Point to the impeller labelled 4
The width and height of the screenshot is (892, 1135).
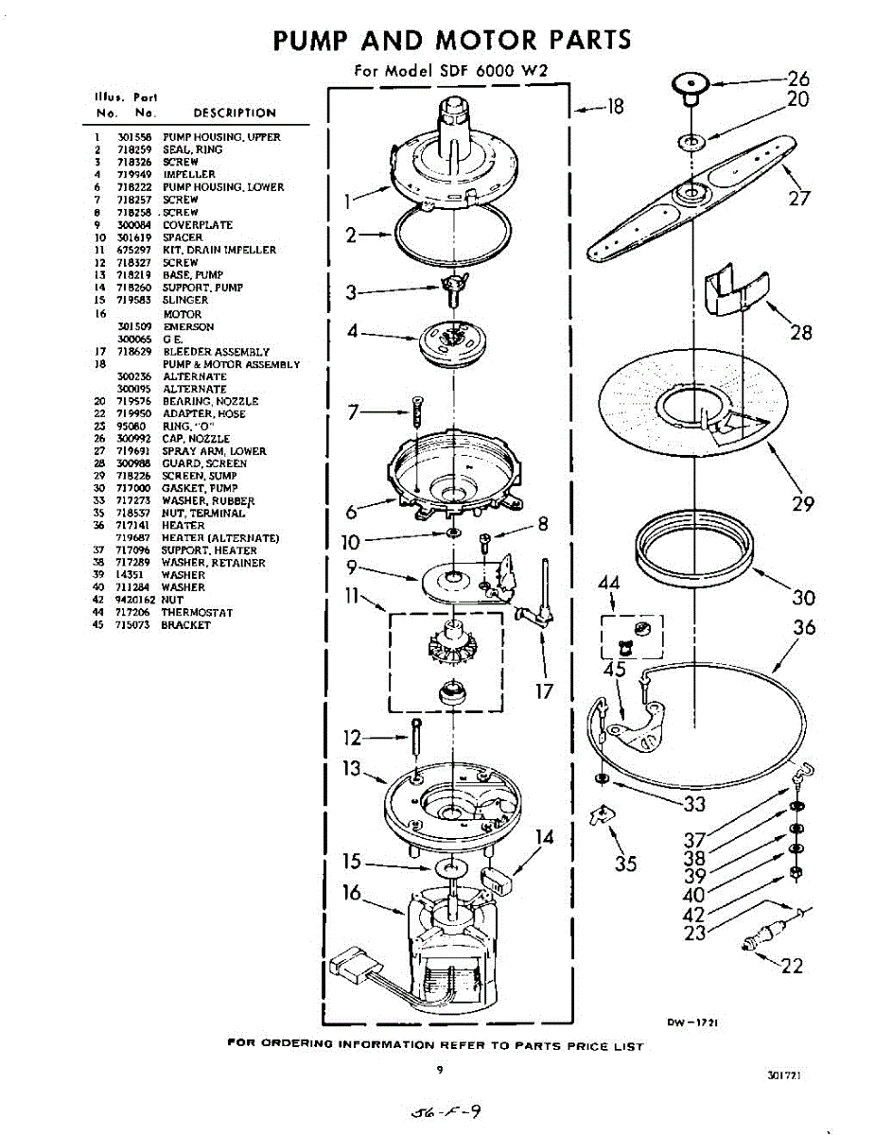coord(453,342)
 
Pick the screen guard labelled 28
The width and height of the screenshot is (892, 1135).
coord(737,290)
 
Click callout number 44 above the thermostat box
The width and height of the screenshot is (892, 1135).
coord(608,585)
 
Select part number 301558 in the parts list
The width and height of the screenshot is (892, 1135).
coord(129,137)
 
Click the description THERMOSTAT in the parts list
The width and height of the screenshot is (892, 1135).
coord(197,612)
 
